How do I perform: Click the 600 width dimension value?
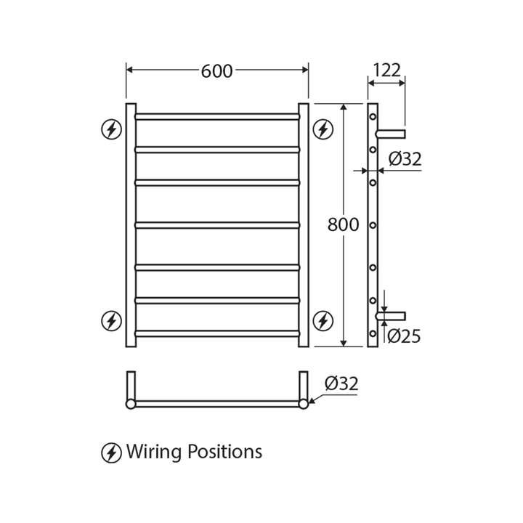point(216,70)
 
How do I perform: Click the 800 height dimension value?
point(343,224)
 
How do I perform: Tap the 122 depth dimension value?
point(386,70)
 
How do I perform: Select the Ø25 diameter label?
point(404,336)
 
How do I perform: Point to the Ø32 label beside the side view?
point(405,159)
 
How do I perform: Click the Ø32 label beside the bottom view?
point(341,384)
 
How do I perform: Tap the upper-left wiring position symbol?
point(111,129)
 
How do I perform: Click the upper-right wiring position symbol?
point(323,129)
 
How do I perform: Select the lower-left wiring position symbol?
point(111,320)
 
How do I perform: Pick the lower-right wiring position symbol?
point(323,320)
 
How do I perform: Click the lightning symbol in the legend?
point(111,453)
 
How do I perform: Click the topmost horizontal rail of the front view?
point(217,115)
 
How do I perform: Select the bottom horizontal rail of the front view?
point(217,334)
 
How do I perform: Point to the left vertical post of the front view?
point(131,225)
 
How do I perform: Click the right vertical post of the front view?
point(304,225)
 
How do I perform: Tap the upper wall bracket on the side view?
point(392,133)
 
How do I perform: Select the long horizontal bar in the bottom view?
point(217,404)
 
